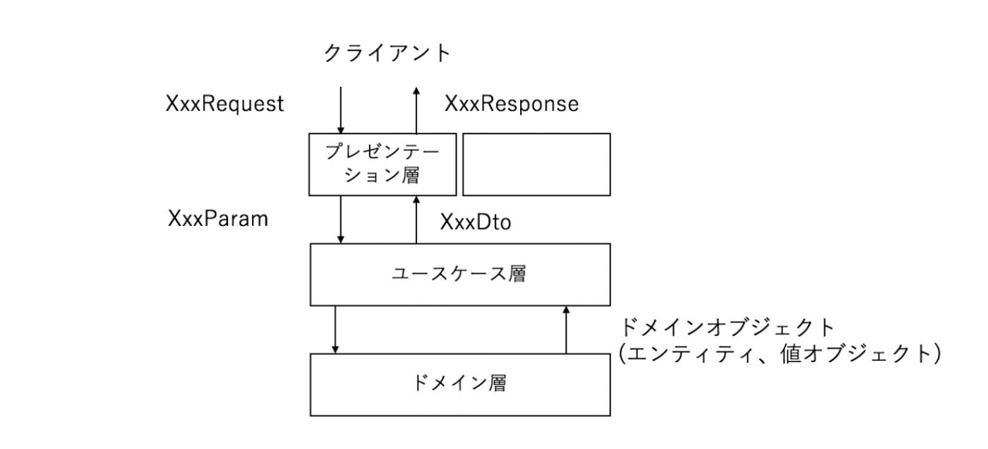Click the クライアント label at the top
click(x=387, y=54)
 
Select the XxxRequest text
click(x=224, y=104)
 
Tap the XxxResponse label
click(x=512, y=104)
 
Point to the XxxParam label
click(x=218, y=219)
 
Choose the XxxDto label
click(x=476, y=222)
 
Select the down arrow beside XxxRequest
click(x=340, y=110)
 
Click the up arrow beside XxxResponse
click(x=416, y=110)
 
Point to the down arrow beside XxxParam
click(x=340, y=220)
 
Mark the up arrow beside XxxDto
click(x=416, y=220)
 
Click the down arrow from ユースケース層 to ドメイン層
click(x=335, y=330)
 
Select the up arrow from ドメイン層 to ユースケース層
click(x=566, y=330)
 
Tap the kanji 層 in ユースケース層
click(x=517, y=275)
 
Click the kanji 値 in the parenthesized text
click(x=790, y=354)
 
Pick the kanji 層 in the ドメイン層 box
click(x=497, y=383)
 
